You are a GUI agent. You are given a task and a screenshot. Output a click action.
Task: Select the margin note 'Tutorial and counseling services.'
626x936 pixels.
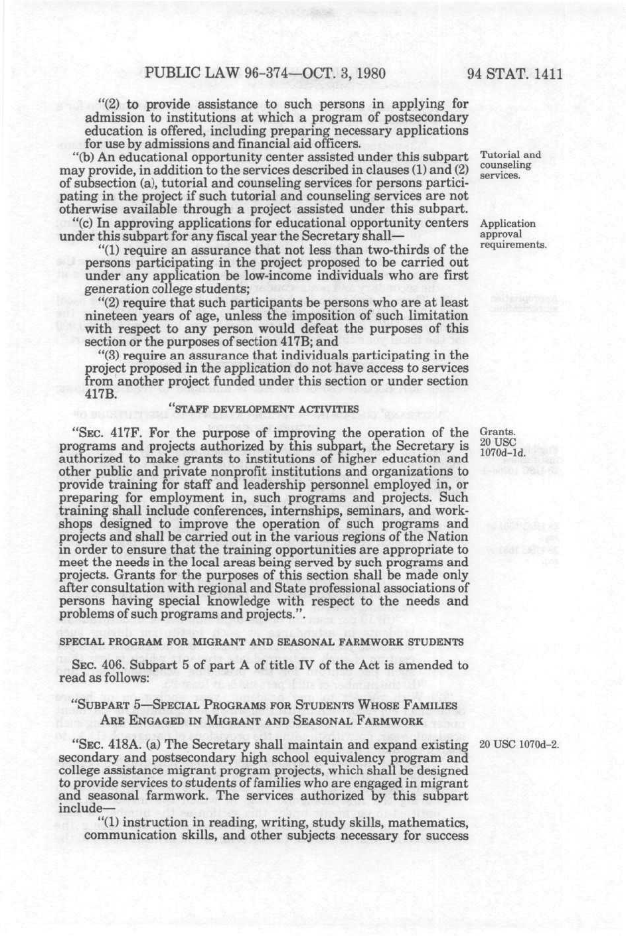[x=510, y=165]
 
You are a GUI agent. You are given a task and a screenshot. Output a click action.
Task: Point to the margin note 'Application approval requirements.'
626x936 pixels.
[x=512, y=234]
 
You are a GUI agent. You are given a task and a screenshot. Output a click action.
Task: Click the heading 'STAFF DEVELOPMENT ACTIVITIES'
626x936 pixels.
[x=265, y=409]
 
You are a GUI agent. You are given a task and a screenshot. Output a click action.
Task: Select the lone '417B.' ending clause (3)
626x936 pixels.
[x=101, y=394]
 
